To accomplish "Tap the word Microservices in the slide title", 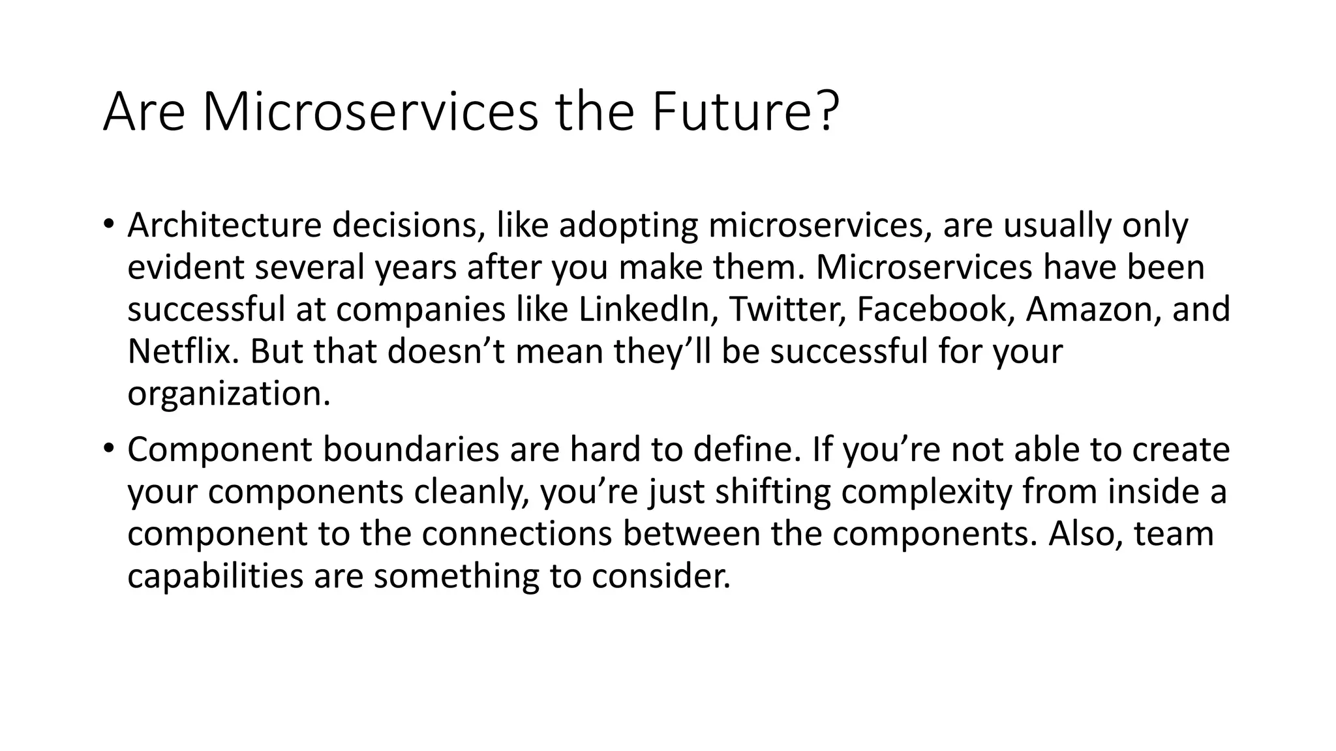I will point(371,112).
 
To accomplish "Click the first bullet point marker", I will point(109,225).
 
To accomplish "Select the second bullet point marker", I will point(109,449).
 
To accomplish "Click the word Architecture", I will point(224,226).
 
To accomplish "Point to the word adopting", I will point(628,226).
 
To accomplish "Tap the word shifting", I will point(772,492).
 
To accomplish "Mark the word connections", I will point(516,534).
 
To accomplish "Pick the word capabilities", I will point(215,576).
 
